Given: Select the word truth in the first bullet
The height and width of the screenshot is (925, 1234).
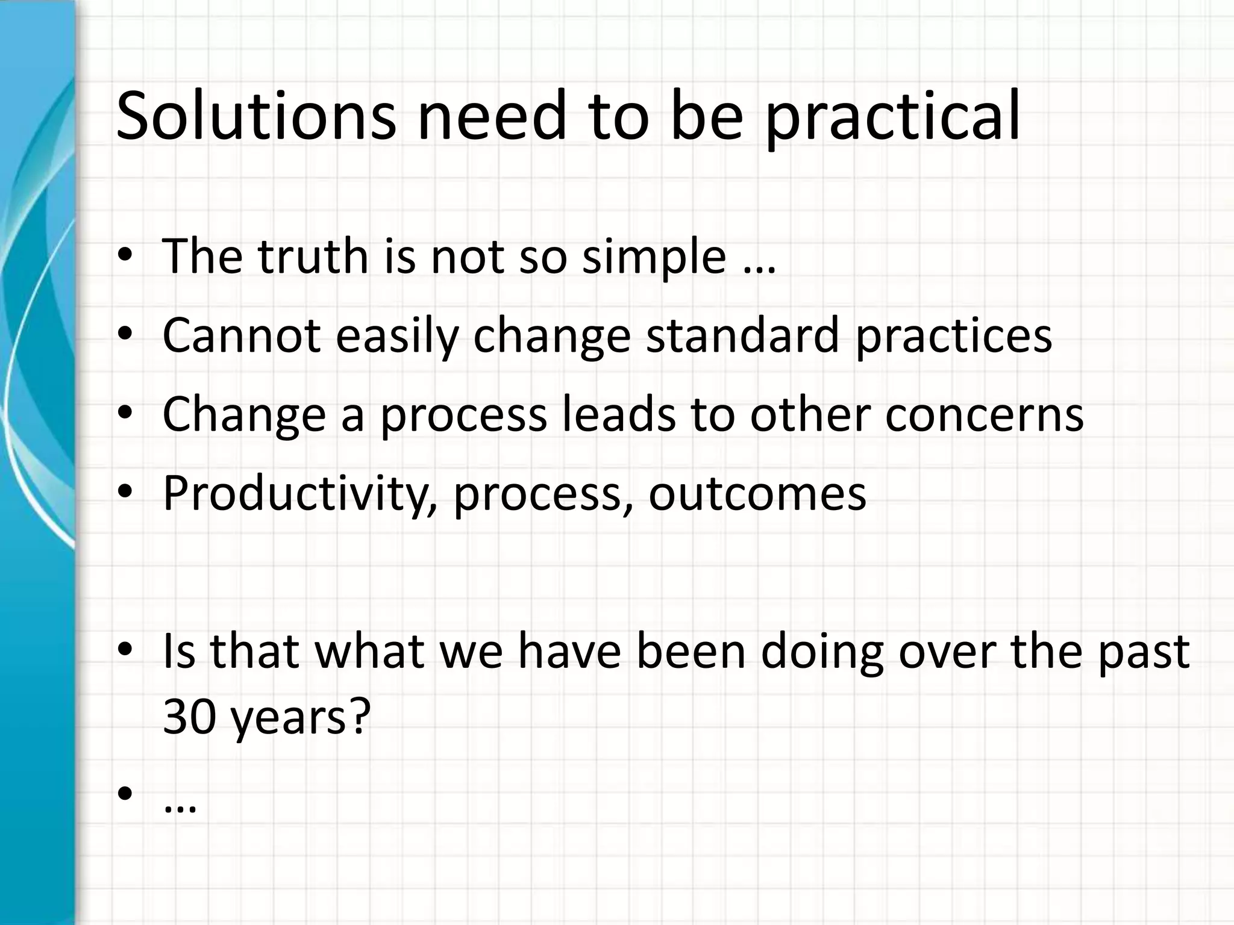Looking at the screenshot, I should pos(313,257).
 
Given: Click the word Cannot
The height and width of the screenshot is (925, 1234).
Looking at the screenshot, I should pos(241,335).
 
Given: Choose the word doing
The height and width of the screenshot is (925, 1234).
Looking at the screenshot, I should pos(822,653).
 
